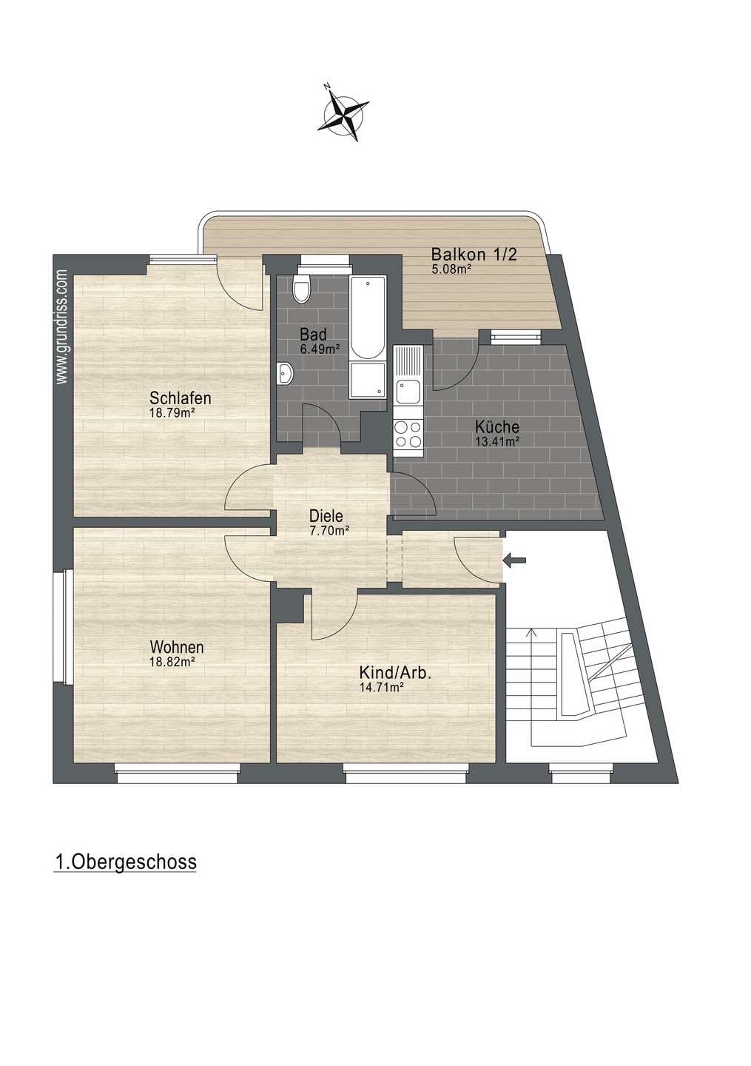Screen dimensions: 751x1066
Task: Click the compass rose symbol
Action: tap(344, 114)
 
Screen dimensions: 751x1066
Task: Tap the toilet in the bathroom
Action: tap(302, 289)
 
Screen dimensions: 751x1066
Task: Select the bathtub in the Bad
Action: tap(367, 318)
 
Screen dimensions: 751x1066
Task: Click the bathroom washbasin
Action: tap(286, 372)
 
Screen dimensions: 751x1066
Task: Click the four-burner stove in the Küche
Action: tap(408, 434)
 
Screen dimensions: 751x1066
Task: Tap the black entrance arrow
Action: tap(515, 561)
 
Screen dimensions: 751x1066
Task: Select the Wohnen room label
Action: tap(177, 647)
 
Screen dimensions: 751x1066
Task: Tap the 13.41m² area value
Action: tap(497, 441)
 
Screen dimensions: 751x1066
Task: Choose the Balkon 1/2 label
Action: tap(474, 255)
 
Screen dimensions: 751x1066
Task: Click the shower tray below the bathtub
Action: tap(367, 380)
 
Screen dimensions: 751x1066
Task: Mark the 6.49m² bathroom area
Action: tap(319, 349)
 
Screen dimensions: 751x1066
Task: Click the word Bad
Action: tap(313, 334)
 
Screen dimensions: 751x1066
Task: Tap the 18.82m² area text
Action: tap(172, 662)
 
